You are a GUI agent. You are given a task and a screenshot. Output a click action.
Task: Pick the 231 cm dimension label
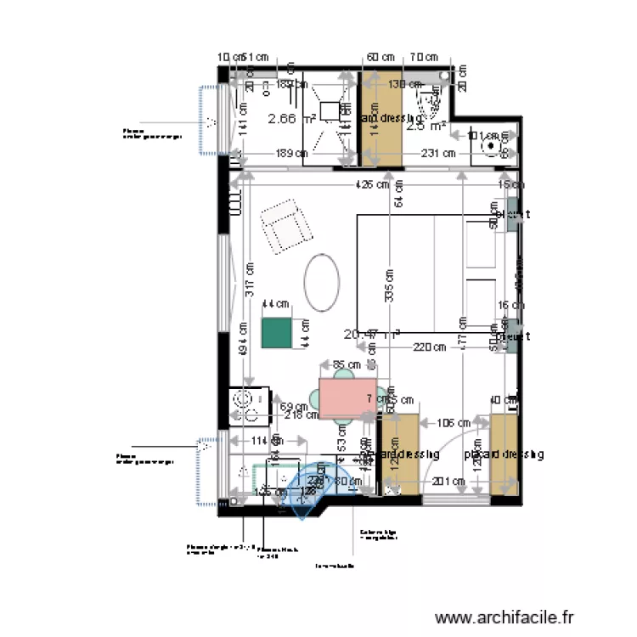[x=437, y=154]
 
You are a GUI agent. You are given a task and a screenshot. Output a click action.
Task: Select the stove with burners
[x=250, y=405]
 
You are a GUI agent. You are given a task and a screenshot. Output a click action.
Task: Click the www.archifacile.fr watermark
[x=505, y=617]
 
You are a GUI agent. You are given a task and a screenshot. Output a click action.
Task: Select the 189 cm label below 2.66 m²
[x=288, y=154]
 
